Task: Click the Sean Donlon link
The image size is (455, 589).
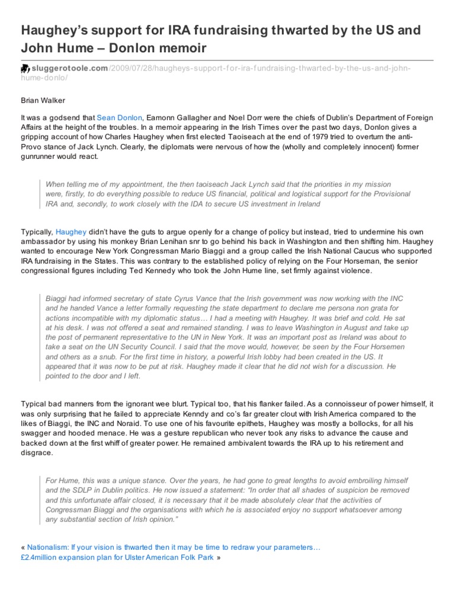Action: pyautogui.click(x=119, y=119)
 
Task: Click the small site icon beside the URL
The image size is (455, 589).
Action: pyautogui.click(x=25, y=70)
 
